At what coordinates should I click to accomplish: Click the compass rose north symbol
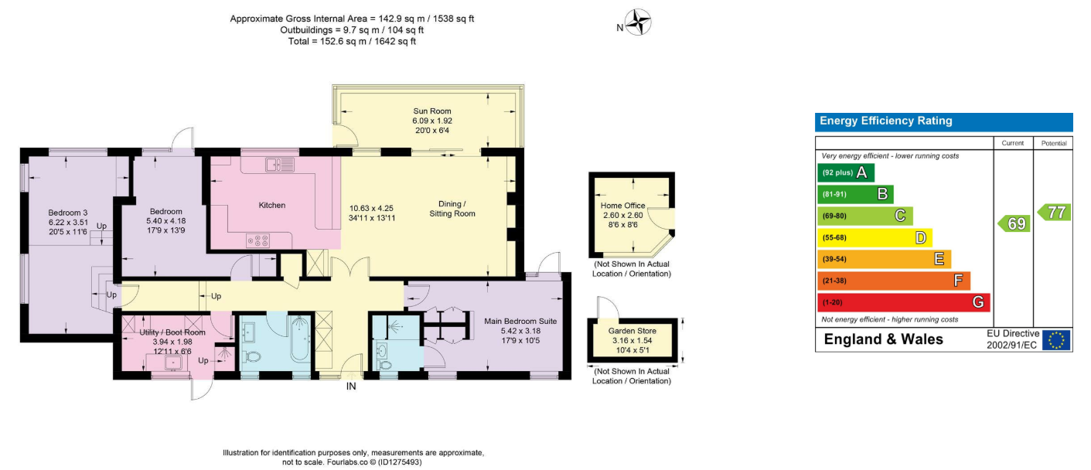pyautogui.click(x=638, y=22)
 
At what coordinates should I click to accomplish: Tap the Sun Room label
pyautogui.click(x=432, y=111)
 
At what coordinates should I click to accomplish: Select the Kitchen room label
pyautogui.click(x=271, y=205)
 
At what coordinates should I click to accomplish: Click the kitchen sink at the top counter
pyautogui.click(x=280, y=165)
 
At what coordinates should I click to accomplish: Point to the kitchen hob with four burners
pyautogui.click(x=257, y=240)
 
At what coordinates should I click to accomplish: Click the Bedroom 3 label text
pyautogui.click(x=68, y=213)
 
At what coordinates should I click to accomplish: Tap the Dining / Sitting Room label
pyautogui.click(x=452, y=209)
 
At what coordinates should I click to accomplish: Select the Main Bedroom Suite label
pyautogui.click(x=520, y=322)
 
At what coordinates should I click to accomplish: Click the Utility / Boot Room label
pyautogui.click(x=172, y=332)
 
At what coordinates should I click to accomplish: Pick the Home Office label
pyautogui.click(x=622, y=206)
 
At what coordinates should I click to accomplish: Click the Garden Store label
pyautogui.click(x=632, y=331)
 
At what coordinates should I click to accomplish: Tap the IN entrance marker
pyautogui.click(x=351, y=387)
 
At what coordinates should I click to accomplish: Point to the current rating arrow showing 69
pyautogui.click(x=1014, y=223)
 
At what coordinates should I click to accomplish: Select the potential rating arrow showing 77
pyautogui.click(x=1054, y=213)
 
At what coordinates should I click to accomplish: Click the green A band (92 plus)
pyautogui.click(x=846, y=172)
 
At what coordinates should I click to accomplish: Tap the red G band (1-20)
pyautogui.click(x=904, y=302)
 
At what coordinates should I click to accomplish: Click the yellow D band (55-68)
pyautogui.click(x=875, y=237)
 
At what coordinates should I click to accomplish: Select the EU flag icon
pyautogui.click(x=1056, y=340)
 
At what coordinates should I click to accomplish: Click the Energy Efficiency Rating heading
pyautogui.click(x=886, y=121)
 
